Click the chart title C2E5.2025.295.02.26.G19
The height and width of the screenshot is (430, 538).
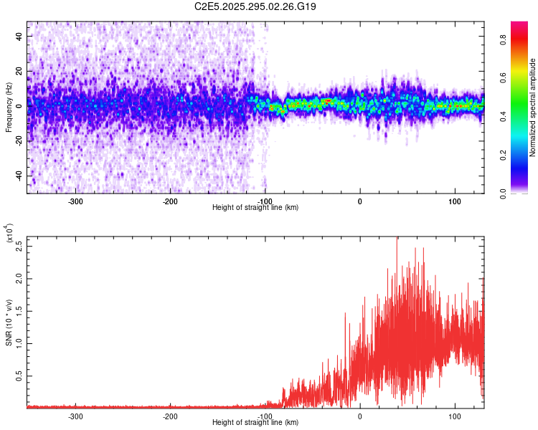255,6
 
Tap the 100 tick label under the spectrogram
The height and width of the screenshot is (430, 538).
454,201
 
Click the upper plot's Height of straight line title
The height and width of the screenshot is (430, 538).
255,207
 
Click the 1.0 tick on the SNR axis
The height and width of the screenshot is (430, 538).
20,343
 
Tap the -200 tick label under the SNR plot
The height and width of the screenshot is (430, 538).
169,416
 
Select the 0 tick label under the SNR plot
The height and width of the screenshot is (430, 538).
359,416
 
